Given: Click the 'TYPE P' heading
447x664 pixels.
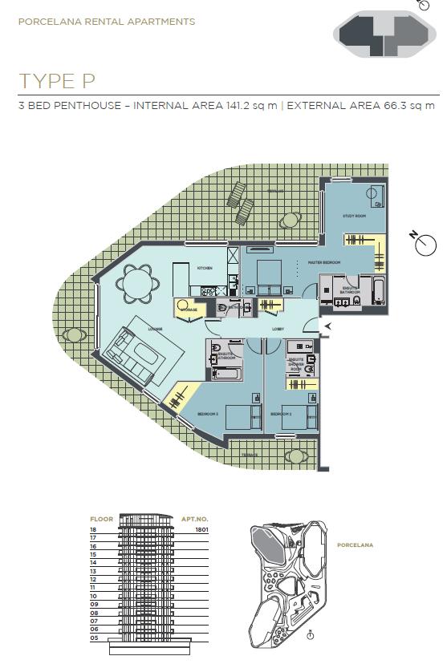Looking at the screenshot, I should coord(57,81).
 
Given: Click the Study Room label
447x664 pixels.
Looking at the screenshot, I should coord(354,217).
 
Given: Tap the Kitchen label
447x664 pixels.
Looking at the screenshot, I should coord(205,268).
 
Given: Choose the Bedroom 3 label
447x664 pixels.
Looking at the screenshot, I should coord(207,414).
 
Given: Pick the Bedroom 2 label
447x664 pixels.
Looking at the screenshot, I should coord(280,414).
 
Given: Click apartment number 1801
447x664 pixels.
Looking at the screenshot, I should coord(200,529).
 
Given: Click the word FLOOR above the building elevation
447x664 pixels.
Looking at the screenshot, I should coord(101,519).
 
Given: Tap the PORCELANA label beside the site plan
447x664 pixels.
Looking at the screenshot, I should coord(355,545).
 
